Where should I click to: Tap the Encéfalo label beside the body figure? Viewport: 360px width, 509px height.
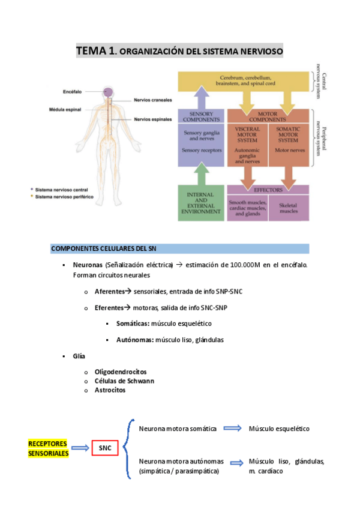point(72,92)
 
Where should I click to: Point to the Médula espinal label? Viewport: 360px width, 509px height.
point(65,110)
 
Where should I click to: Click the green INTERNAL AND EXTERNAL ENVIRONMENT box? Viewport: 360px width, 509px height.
point(200,203)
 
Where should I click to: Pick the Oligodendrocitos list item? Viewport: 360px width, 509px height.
point(120,372)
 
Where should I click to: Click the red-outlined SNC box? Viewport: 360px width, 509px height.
point(104,448)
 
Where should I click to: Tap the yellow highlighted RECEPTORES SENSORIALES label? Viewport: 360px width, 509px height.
point(48,448)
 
